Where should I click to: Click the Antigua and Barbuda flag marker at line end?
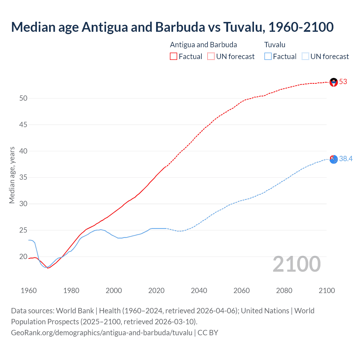point(334,82)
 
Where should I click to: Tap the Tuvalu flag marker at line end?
point(334,159)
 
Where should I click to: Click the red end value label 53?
point(343,82)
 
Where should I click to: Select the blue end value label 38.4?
point(346,159)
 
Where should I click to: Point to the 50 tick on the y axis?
point(23,98)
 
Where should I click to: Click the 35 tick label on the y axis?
point(23,177)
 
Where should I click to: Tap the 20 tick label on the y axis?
point(23,256)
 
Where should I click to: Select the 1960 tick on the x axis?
point(29,291)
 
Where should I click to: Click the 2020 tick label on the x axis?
point(156,291)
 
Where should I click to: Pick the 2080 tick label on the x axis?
point(284,291)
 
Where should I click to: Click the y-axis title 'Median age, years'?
point(12,175)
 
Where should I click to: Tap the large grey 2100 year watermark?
point(296,264)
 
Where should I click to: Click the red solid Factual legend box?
point(174,57)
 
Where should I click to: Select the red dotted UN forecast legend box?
point(211,57)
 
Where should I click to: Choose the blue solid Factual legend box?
point(268,57)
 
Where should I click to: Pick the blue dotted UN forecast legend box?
point(305,57)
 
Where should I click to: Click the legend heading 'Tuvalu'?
point(275,45)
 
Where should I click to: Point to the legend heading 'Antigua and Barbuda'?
point(203,45)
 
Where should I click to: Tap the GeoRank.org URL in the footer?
point(102,333)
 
